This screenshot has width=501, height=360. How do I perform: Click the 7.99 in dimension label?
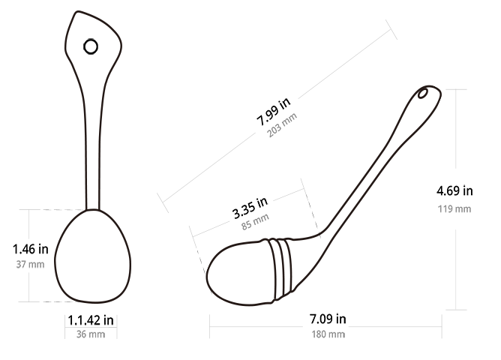click(274, 111)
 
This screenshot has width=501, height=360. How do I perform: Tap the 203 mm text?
click(282, 125)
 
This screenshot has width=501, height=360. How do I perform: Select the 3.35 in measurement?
click(250, 208)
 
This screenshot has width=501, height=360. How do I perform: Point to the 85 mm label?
click(255, 222)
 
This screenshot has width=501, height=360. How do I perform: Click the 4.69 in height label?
click(454, 191)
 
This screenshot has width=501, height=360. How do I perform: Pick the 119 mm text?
click(454, 209)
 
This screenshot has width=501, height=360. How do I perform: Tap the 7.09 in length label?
click(328, 319)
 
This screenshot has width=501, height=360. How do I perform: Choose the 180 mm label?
click(328, 334)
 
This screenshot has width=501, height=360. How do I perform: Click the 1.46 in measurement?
click(30, 249)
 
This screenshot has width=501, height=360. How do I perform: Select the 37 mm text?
click(30, 265)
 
